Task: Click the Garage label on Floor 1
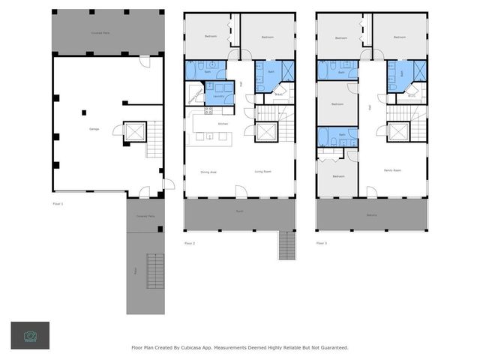[x=94, y=129]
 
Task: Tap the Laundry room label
[x=219, y=97]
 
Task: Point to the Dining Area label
[x=208, y=172]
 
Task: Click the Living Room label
[x=262, y=172]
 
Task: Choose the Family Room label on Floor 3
[x=392, y=170]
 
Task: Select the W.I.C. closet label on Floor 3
[x=411, y=95]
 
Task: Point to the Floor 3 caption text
[x=322, y=243]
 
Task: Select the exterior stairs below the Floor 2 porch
[x=287, y=245]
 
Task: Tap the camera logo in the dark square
[x=30, y=335]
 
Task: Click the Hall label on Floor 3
[x=370, y=107]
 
